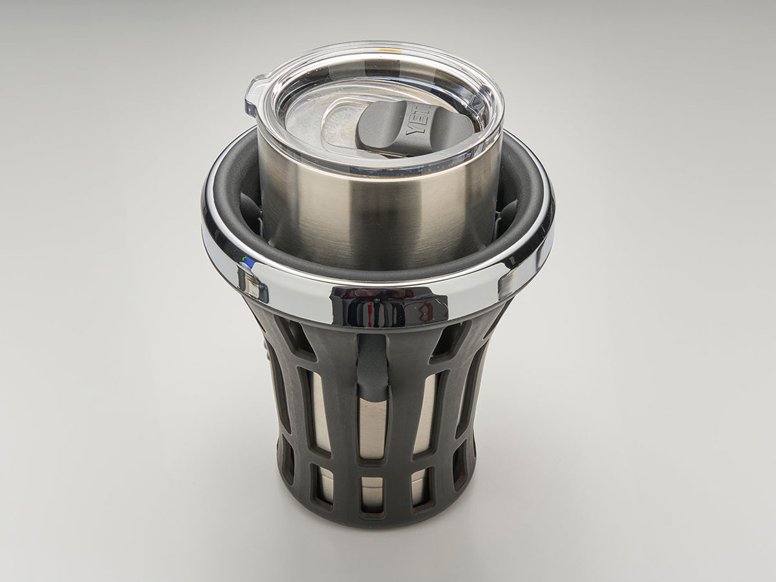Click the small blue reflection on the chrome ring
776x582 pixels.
[248, 262]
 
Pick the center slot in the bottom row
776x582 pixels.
[372, 493]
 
